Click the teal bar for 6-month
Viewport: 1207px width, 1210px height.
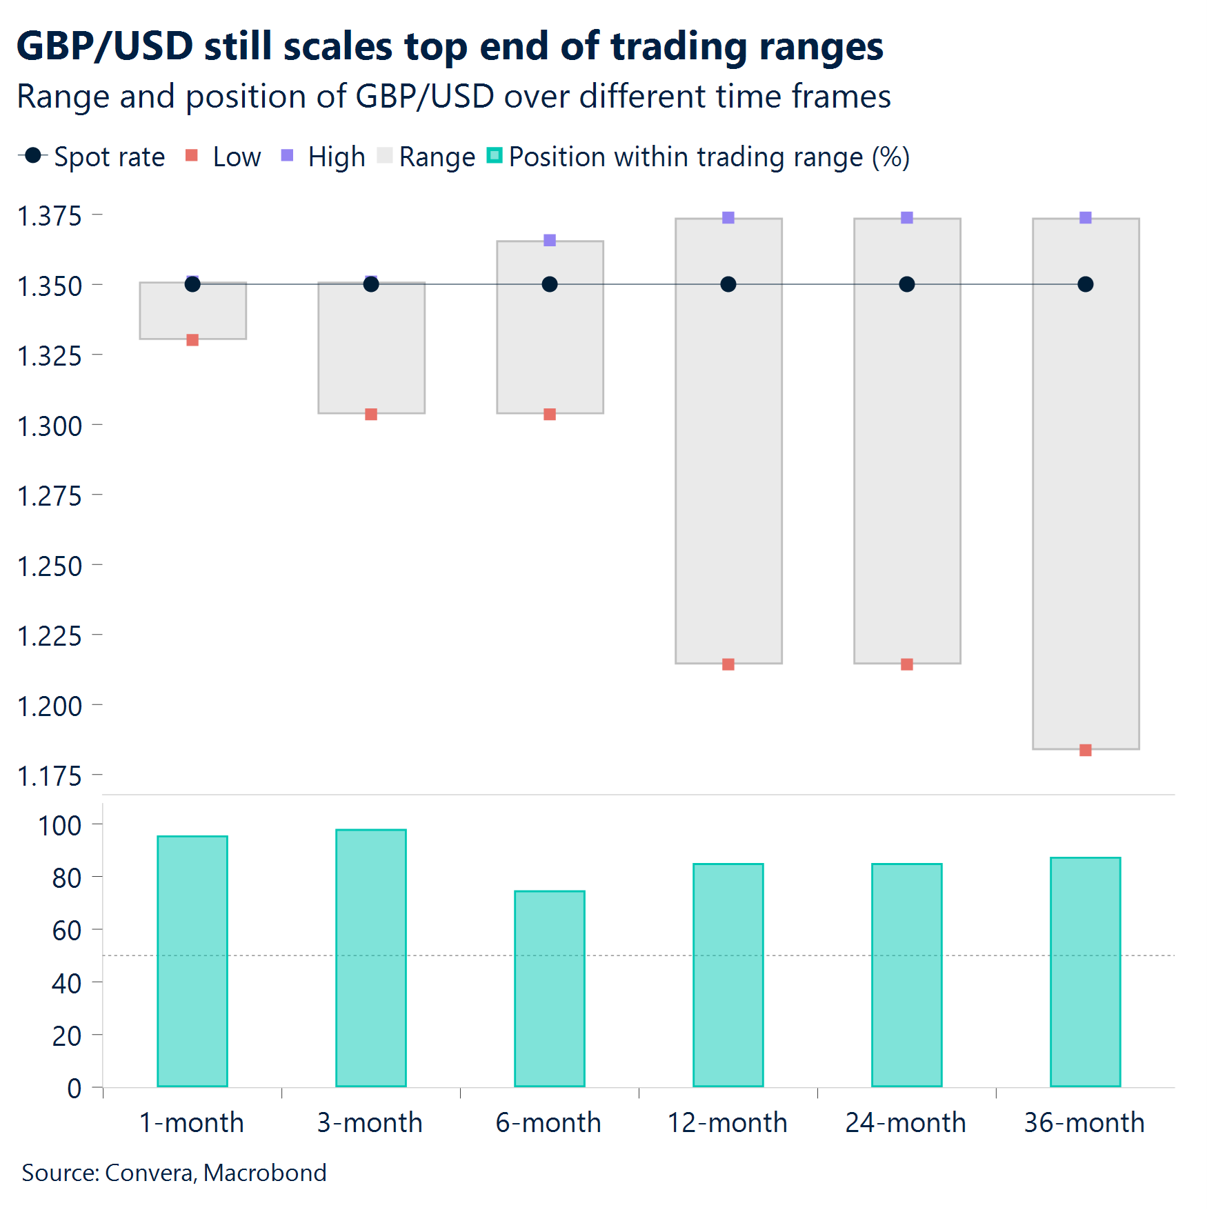click(549, 988)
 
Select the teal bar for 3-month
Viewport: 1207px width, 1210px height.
click(370, 958)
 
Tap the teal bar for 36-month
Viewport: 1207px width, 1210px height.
click(1085, 971)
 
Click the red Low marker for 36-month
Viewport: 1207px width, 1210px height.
click(1085, 750)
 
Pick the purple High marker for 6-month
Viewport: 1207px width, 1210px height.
click(549, 240)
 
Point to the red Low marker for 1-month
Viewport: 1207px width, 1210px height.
click(192, 340)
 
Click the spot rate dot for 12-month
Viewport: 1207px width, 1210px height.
click(728, 284)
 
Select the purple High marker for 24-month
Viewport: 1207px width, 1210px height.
click(906, 218)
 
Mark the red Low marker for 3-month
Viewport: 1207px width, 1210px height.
click(370, 414)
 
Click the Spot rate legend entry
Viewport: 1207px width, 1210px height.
click(109, 157)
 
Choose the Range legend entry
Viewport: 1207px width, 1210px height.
click(437, 157)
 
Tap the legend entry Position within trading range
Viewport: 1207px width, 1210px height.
click(708, 157)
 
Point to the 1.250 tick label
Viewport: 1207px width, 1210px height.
click(50, 566)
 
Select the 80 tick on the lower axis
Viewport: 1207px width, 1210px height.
click(66, 878)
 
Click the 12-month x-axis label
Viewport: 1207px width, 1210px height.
click(727, 1123)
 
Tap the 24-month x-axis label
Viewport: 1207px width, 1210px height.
click(906, 1123)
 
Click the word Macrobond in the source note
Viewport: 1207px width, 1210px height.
click(265, 1173)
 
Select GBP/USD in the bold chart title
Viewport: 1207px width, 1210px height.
click(104, 46)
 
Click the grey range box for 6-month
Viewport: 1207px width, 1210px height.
click(549, 345)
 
